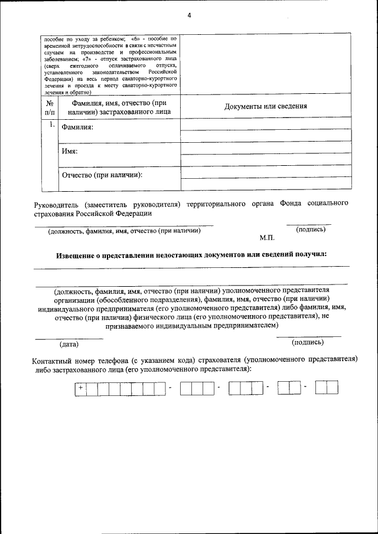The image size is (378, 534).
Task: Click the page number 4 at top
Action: [189, 15]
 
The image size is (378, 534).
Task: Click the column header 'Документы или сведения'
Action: [266, 107]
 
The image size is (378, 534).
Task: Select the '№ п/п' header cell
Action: [49, 107]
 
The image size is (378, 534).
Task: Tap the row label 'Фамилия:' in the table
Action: [78, 128]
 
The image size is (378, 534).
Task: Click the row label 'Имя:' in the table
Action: [70, 152]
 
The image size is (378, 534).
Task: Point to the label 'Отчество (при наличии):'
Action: [103, 175]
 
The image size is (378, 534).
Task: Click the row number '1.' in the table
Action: [51, 125]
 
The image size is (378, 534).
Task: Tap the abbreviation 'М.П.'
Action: [267, 238]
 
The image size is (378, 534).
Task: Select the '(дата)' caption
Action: [69, 343]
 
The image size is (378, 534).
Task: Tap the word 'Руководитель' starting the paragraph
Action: [56, 204]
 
